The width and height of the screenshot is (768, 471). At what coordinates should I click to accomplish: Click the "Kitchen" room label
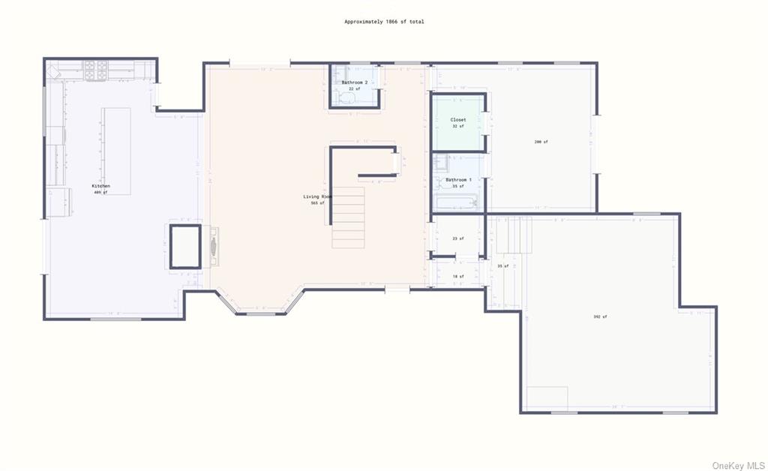[100, 186]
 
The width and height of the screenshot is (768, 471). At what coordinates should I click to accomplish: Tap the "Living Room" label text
[317, 196]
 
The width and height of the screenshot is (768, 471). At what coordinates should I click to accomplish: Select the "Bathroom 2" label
[354, 82]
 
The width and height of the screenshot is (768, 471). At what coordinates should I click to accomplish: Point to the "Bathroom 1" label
[458, 180]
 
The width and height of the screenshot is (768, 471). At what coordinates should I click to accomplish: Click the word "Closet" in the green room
[457, 120]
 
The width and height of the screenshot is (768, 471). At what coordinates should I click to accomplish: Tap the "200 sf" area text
[541, 142]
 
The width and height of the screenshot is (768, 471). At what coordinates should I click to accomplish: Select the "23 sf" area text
[457, 238]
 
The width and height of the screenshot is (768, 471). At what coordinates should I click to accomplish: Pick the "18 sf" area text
[457, 276]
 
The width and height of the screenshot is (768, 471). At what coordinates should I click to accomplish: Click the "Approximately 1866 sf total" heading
[384, 22]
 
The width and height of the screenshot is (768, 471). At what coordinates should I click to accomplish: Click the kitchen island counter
[115, 150]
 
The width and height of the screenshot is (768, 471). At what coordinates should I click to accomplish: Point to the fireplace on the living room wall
[214, 245]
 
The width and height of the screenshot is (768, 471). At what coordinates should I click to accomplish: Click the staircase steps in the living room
[348, 217]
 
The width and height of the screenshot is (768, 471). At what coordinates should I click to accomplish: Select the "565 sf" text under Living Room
[317, 203]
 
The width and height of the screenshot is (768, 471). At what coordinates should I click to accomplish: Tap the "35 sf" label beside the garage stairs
[502, 266]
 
